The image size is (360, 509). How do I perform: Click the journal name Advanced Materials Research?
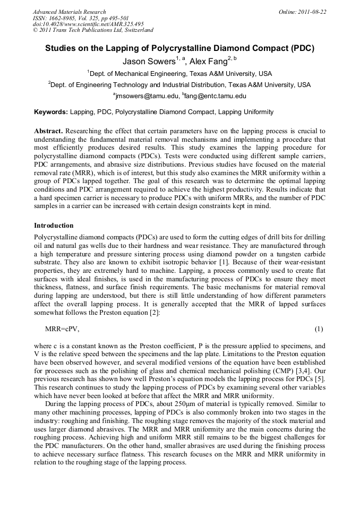pyautogui.click(x=69, y=12)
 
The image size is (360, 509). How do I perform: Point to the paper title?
pyautogui.click(x=179, y=48)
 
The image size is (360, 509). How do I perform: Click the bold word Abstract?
pyautogui.click(x=49, y=131)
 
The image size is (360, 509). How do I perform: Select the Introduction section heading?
pyautogui.click(x=54, y=226)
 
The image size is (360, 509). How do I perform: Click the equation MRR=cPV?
pyautogui.click(x=62, y=329)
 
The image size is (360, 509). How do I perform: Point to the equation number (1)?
pyautogui.click(x=319, y=329)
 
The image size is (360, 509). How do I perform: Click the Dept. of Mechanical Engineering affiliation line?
pyautogui.click(x=179, y=73)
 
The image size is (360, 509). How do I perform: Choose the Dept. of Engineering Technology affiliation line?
pyautogui.click(x=179, y=84)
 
